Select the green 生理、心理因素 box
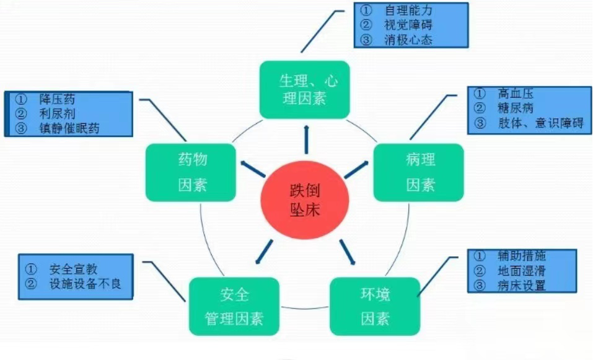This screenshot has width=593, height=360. click(304, 90)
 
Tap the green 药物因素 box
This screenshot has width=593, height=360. click(191, 172)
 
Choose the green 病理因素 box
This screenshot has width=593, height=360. click(419, 172)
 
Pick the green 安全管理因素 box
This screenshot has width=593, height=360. click(234, 306)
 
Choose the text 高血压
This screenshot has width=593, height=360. click(515, 94)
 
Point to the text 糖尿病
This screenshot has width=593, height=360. click(515, 108)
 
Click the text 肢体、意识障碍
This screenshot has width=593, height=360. click(540, 123)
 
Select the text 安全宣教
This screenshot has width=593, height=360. click(74, 270)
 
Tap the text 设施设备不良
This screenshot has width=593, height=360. click(90, 286)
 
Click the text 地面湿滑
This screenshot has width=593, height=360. click(521, 271)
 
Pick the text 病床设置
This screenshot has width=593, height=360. click(521, 286)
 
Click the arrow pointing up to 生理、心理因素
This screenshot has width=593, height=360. click(305, 139)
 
